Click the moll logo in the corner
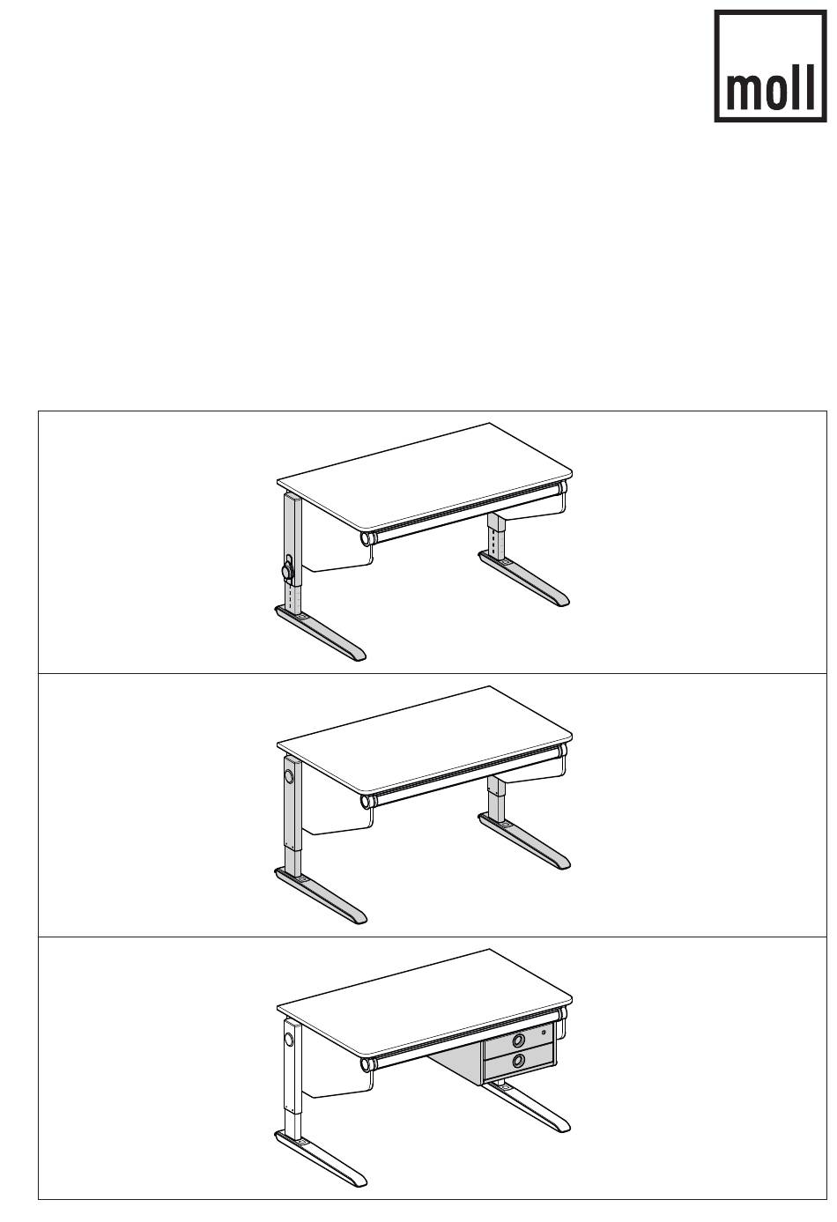tap(770, 66)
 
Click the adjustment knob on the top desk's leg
tap(287, 571)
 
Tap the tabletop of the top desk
tap(425, 475)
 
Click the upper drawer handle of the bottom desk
tap(519, 1040)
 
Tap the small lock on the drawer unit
tap(544, 1033)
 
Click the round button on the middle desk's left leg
tap(288, 775)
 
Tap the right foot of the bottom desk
tap(528, 1107)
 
